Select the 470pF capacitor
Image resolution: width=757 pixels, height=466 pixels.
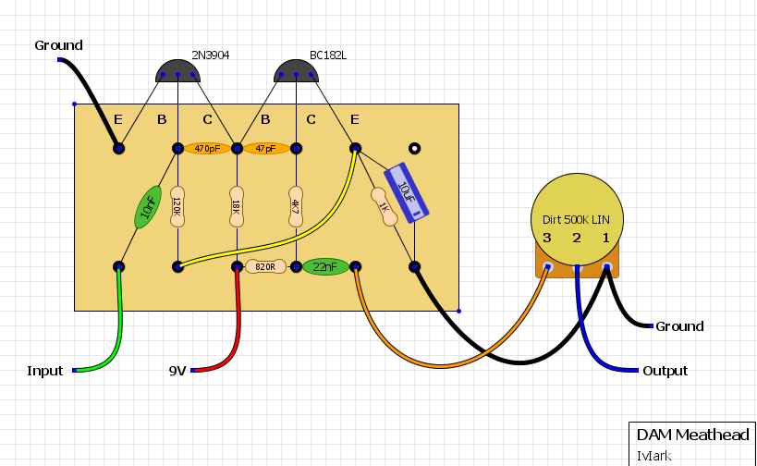[207, 148]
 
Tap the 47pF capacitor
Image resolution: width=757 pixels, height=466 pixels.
[266, 148]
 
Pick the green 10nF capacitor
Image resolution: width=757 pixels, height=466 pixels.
[148, 207]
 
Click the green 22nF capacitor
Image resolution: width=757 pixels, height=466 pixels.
[325, 266]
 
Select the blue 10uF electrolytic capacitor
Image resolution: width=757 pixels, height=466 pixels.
[405, 191]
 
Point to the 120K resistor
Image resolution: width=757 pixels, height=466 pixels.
[178, 207]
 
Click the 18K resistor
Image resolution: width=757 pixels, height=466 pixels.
[237, 207]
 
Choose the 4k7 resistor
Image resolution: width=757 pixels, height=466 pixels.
[296, 207]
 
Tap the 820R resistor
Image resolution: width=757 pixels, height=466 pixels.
[266, 266]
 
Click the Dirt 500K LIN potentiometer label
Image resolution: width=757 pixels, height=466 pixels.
[577, 220]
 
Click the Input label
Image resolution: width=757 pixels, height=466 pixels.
[45, 371]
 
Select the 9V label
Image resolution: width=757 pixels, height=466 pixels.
[177, 371]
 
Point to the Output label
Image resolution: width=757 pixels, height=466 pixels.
[665, 371]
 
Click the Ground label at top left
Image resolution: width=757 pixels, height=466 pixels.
[58, 45]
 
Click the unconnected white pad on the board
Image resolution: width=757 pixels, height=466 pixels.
[415, 148]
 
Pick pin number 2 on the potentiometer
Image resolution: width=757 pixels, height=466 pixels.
[577, 239]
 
